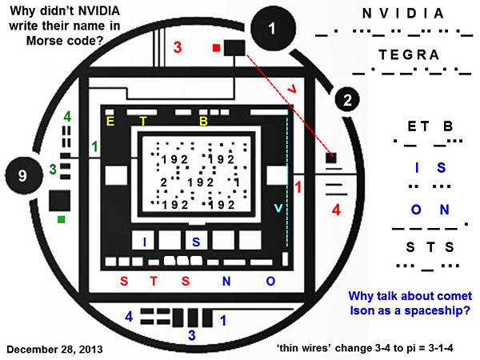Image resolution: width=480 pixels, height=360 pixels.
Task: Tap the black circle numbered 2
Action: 346,100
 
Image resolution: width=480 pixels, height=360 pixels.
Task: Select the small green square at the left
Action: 61,218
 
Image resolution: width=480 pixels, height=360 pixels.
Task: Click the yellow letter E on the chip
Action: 111,121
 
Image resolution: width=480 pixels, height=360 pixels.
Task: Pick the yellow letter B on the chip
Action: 203,122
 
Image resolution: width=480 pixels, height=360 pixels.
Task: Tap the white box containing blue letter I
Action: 144,241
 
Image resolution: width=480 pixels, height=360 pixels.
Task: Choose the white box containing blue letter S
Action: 194,241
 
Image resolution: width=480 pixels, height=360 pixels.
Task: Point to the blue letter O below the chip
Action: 270,280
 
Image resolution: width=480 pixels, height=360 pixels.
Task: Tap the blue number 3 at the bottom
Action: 190,334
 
